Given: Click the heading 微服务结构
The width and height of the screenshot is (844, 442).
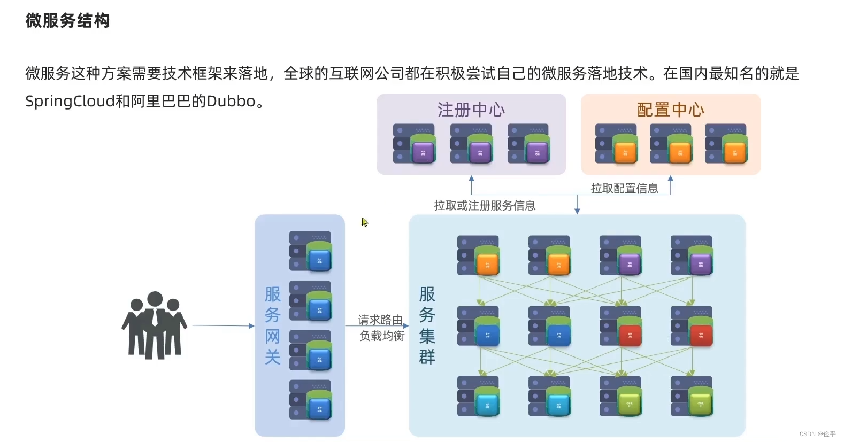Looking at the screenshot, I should coord(67,21).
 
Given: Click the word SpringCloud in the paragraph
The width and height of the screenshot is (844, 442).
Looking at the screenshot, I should coord(70,101).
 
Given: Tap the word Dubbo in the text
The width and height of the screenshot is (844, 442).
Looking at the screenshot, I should coord(231,101).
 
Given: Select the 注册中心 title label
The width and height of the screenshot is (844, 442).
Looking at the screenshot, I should coord(471,110).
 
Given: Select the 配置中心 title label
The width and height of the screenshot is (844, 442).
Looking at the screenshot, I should coord(670,110).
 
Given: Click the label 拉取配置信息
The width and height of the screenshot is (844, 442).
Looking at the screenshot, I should coord(624,188).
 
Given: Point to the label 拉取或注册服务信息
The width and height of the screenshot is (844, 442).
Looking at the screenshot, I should coord(485,205).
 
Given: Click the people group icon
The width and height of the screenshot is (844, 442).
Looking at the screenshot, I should coord(154,325).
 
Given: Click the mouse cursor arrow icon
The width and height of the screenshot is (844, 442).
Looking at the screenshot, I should coord(365,222).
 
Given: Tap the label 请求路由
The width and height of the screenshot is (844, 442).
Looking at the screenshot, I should coord(380,320).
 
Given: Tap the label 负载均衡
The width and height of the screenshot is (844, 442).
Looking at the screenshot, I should coord(382,336).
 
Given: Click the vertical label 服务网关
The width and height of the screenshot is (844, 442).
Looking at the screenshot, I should coord(273,325).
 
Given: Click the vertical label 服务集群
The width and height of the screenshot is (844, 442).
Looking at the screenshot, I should coord(427,325).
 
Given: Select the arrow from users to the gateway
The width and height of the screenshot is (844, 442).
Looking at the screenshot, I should coord(222,325).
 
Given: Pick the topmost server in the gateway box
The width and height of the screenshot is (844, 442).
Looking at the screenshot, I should coord(311,251).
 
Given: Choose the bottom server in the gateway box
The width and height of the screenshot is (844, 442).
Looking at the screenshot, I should coord(311,400).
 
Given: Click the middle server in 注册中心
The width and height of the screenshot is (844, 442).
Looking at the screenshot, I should coord(471,144).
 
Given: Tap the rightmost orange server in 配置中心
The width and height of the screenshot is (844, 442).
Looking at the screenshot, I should coord(726,144).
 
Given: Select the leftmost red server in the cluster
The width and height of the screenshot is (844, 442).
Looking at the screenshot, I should coord(621,326).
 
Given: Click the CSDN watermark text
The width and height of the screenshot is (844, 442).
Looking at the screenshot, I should coord(817,434).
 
